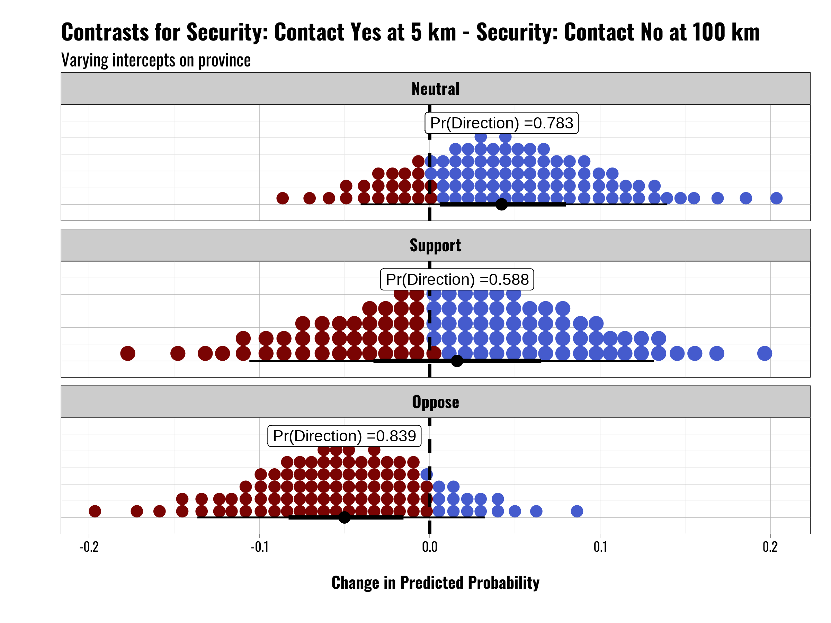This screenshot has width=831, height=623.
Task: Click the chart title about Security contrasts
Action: (410, 32)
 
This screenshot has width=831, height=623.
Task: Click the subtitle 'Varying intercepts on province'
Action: (156, 60)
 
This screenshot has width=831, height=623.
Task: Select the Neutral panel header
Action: (436, 89)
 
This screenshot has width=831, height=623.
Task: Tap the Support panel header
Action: (436, 245)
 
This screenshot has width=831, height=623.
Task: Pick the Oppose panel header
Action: (436, 402)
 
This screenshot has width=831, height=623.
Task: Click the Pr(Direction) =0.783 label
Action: (501, 123)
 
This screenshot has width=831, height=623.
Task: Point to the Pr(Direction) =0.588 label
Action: (457, 279)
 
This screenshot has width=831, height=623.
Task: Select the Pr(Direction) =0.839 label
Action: (345, 436)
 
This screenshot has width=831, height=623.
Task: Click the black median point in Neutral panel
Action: (501, 204)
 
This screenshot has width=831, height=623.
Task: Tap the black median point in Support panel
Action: (457, 361)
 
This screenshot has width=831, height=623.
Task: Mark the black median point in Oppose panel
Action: (345, 517)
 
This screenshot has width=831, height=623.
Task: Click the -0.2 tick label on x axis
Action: (89, 547)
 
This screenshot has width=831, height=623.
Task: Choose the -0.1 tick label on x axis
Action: (260, 547)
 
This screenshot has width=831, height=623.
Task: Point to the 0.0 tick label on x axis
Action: (430, 547)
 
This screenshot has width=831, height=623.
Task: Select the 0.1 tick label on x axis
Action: (600, 547)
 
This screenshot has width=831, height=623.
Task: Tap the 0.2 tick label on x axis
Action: (770, 547)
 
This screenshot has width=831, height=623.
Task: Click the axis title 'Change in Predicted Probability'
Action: (436, 583)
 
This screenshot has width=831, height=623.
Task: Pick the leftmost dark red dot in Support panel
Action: (128, 353)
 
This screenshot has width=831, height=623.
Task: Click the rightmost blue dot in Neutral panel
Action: (777, 198)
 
